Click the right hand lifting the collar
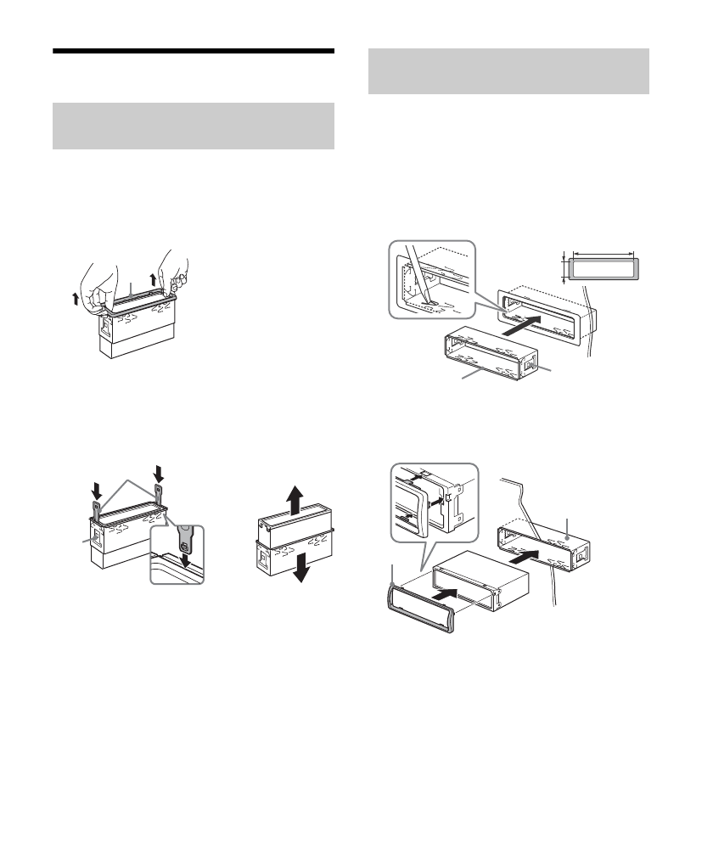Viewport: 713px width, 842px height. pyautogui.click(x=174, y=270)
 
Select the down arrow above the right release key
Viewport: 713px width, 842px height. pyautogui.click(x=157, y=470)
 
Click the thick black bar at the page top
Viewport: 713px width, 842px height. pyautogui.click(x=193, y=51)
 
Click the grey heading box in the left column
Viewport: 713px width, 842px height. pyautogui.click(x=193, y=126)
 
